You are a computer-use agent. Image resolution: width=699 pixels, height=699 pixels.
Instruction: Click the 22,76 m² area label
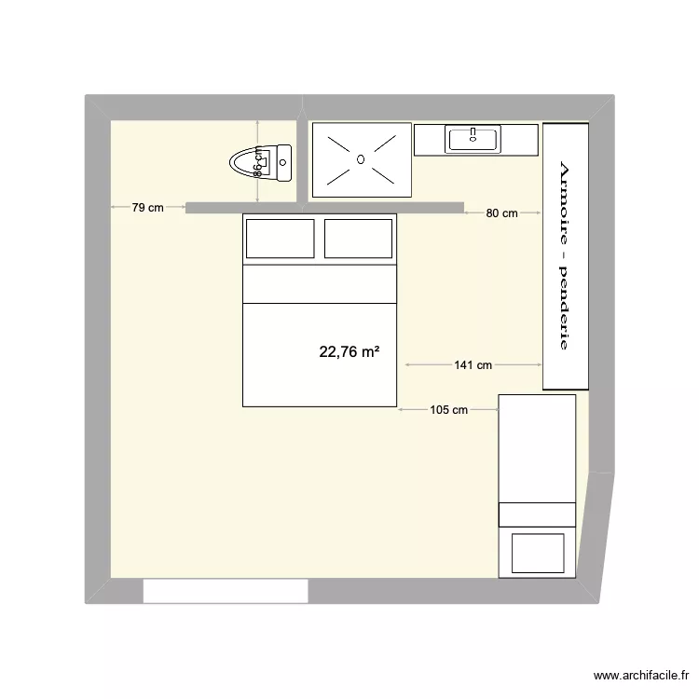tap(349, 352)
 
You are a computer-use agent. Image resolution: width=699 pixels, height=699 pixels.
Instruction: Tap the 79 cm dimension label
tap(147, 208)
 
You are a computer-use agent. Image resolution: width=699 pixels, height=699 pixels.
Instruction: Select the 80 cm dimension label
tap(501, 213)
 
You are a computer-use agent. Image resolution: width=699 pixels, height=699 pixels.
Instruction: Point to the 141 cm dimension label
tap(473, 365)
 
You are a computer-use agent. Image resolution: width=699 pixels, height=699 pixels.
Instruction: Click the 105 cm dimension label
tap(448, 409)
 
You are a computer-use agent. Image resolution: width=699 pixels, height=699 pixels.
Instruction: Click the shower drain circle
tap(360, 159)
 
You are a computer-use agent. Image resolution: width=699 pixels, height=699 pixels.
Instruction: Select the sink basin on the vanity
tap(473, 140)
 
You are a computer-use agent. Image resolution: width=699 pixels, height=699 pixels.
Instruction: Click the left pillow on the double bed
tap(280, 239)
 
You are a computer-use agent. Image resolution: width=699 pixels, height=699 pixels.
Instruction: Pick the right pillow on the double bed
tap(358, 239)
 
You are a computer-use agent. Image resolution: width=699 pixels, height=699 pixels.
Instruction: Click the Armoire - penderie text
tap(563, 254)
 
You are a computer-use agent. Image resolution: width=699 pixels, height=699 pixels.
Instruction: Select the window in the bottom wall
tap(226, 590)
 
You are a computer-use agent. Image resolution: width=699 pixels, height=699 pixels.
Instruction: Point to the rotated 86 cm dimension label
tap(258, 164)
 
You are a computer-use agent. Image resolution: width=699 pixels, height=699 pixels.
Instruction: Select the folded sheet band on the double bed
tap(320, 285)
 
